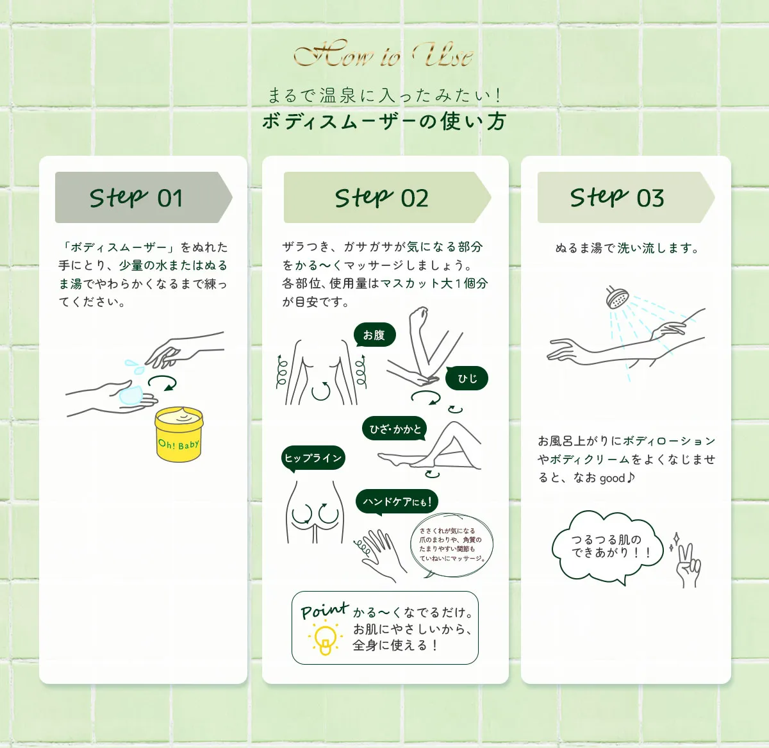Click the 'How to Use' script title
tap(383, 55)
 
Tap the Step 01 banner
tap(142, 197)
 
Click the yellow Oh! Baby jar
tap(179, 435)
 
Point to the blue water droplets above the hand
tap(135, 367)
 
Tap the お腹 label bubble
tap(374, 335)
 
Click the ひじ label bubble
tap(467, 379)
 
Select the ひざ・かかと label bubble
tap(395, 429)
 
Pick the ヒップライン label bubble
tap(313, 458)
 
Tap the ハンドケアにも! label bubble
tap(397, 501)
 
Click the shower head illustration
tap(617, 299)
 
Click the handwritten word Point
tap(324, 611)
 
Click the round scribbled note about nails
tap(452, 545)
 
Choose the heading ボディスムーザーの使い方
tap(384, 121)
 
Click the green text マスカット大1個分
tap(434, 283)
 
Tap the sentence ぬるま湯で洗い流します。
tap(626, 248)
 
